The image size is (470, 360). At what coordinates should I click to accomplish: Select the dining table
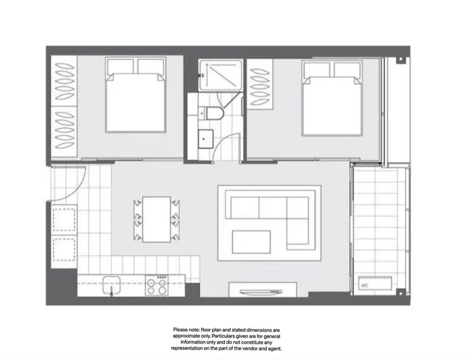(x=157, y=220)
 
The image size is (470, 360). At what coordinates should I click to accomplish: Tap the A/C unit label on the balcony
(x=365, y=285)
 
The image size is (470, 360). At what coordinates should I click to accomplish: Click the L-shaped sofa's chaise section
(x=300, y=223)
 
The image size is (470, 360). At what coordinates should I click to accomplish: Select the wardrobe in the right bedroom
(x=258, y=85)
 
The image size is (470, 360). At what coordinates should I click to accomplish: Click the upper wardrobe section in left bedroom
(x=63, y=82)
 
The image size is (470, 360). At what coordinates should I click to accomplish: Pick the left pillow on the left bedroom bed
(x=119, y=66)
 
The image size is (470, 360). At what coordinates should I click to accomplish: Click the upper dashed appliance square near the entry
(x=64, y=218)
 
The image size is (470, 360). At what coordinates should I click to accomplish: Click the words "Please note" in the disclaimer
(x=186, y=329)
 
